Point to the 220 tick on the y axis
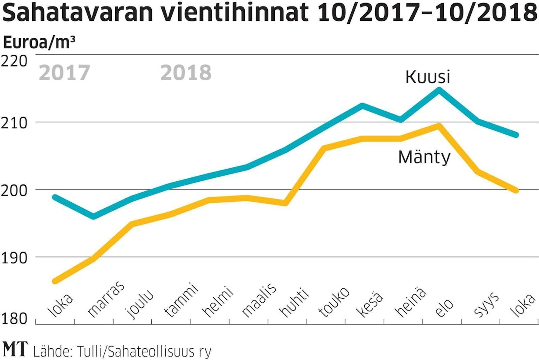coord(14,61)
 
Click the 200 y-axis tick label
coord(14,190)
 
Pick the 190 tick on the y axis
coord(14,257)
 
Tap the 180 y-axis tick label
coord(14,319)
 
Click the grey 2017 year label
coord(64,73)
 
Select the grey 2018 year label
coord(186,73)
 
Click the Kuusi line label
coord(427,77)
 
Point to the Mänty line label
coord(424,157)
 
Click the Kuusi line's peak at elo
coord(439,90)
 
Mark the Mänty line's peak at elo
coord(439,126)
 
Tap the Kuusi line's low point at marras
coord(93,217)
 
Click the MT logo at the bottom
coord(15,349)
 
